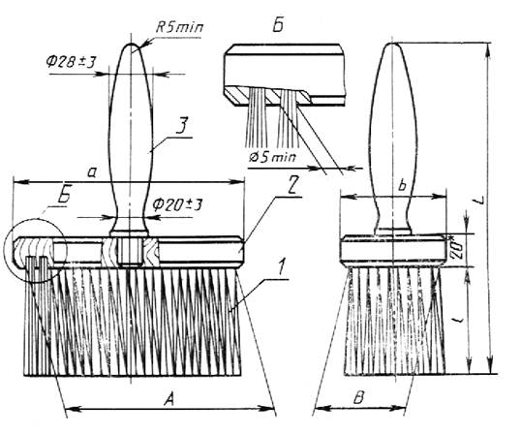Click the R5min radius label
[179, 27]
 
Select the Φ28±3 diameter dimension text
[71, 62]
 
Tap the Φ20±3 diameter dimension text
[177, 204]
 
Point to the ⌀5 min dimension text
[272, 157]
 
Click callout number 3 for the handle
[182, 126]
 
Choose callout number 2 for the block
[291, 187]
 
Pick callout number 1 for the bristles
[281, 267]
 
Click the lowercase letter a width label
[92, 172]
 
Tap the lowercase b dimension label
[403, 186]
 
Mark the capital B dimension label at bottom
[359, 398]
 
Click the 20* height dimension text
[455, 248]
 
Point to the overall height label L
[480, 201]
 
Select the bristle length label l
[458, 320]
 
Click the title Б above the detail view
[278, 25]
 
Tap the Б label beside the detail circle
[64, 196]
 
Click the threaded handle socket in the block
[130, 252]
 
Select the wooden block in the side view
[394, 251]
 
